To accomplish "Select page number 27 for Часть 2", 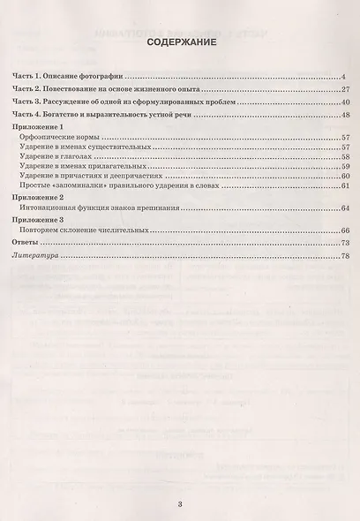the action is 347,90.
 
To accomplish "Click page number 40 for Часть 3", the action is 347,102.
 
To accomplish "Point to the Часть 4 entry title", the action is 98,115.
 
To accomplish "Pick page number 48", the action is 347,115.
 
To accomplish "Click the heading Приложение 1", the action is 41,129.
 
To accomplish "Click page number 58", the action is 347,156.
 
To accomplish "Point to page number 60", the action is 347,175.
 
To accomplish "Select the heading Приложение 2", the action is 41,197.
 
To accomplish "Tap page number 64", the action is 347,208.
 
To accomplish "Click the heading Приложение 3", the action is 41,219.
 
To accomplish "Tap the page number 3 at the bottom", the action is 179,506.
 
